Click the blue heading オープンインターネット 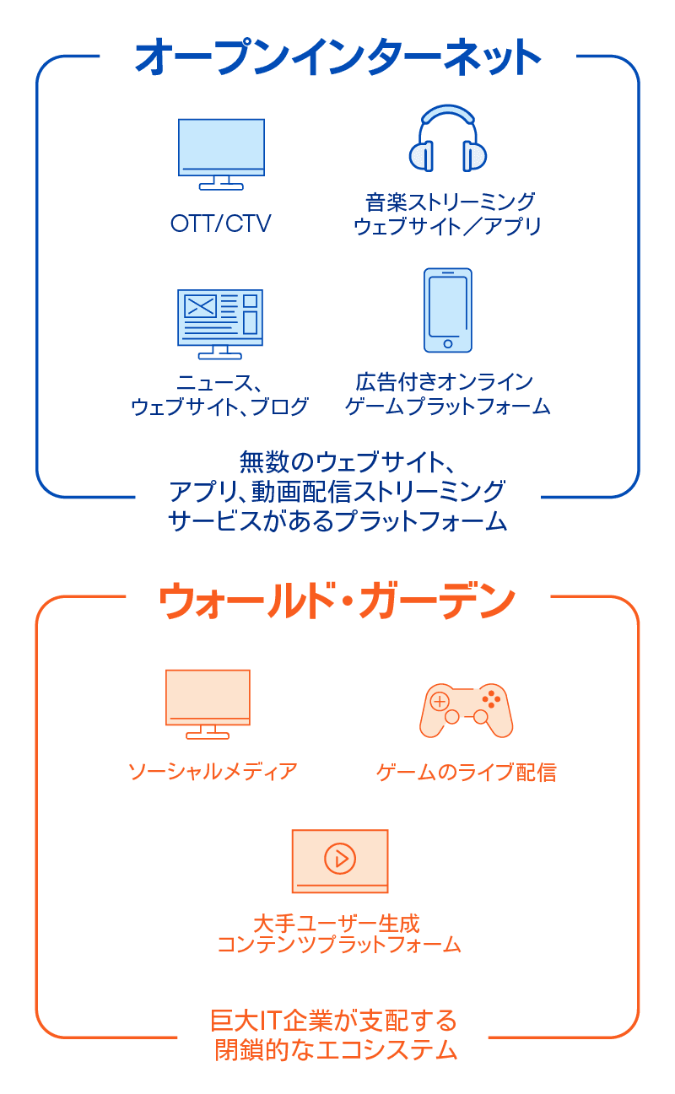coord(337,57)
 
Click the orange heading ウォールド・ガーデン coord(337,600)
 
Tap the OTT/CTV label coord(221,224)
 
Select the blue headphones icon coord(448,138)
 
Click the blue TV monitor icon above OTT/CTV coord(221,154)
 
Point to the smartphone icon coord(448,310)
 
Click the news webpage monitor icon coord(220,324)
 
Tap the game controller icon coord(466,710)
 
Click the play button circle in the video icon coord(340,858)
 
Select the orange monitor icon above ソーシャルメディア coord(208,703)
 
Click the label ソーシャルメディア coord(213,772)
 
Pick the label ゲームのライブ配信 coord(467,772)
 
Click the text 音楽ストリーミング coord(451,202)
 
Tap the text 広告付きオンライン coord(444,382)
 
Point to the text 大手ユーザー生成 coord(337,924)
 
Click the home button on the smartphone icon coord(448,344)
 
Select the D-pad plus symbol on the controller coord(440,702)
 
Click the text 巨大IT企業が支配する coord(333,1021)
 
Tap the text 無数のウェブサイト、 coord(348,462)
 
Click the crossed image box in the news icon coord(200,306)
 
